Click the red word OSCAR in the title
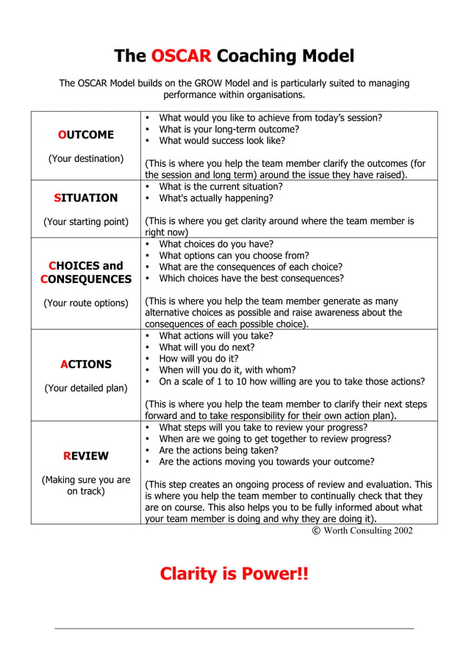tap(181, 57)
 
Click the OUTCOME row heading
tap(86, 135)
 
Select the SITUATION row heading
tap(86, 198)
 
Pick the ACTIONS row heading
tap(86, 365)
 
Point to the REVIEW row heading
tap(86, 456)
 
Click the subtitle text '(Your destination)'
tap(86, 159)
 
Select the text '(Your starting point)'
tap(86, 221)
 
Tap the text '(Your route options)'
tap(86, 303)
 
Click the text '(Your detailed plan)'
tap(86, 388)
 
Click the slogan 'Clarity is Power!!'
tap(234, 573)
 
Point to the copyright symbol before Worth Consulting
tap(317, 530)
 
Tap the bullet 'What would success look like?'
tap(222, 140)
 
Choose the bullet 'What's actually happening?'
tap(216, 198)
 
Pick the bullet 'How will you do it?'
tap(201, 359)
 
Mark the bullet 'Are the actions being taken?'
tap(218, 450)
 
